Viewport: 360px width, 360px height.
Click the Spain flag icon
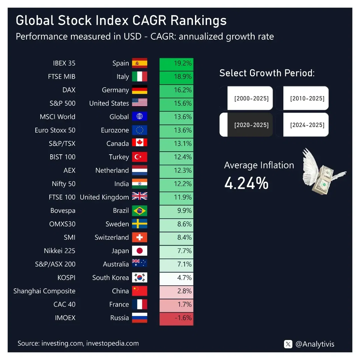tap(139, 63)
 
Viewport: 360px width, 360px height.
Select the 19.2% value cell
tap(176, 63)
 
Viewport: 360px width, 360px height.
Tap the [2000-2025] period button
tap(246, 98)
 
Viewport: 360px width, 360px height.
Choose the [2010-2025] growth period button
tap(302, 98)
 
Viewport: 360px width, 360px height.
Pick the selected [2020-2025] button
tap(246, 125)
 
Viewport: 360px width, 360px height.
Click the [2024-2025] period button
tap(302, 125)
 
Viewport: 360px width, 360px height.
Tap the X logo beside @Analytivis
tap(288, 344)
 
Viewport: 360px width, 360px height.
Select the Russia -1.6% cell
tap(176, 318)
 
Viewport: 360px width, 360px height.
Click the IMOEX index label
tap(65, 318)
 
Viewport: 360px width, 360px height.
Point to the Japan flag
tap(139, 251)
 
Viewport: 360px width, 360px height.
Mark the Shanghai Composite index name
tap(44, 291)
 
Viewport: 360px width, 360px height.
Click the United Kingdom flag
tap(139, 197)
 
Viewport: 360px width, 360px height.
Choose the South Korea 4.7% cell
tap(176, 278)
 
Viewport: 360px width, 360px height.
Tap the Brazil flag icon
tap(139, 211)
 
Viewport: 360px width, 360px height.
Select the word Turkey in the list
tap(119, 157)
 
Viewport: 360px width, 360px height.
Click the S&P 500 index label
tap(62, 103)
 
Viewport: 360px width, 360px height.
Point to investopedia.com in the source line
tap(113, 343)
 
